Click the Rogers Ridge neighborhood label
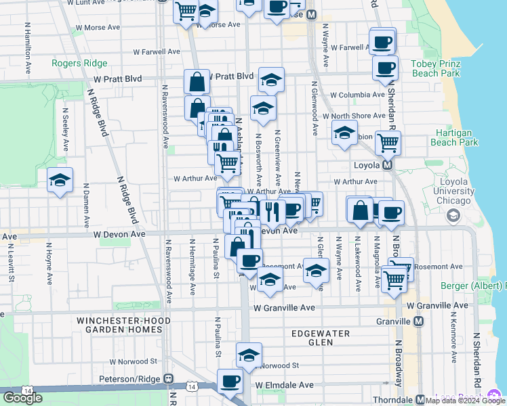coord(79,64)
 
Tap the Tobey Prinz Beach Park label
coord(435,68)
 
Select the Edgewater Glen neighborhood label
coord(320,338)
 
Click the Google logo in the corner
coord(22,397)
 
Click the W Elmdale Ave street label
coord(285,385)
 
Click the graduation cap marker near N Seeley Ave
coord(60,180)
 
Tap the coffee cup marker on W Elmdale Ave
coord(230,381)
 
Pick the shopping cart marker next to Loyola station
coord(388,142)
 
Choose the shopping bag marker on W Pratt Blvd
coord(197,82)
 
